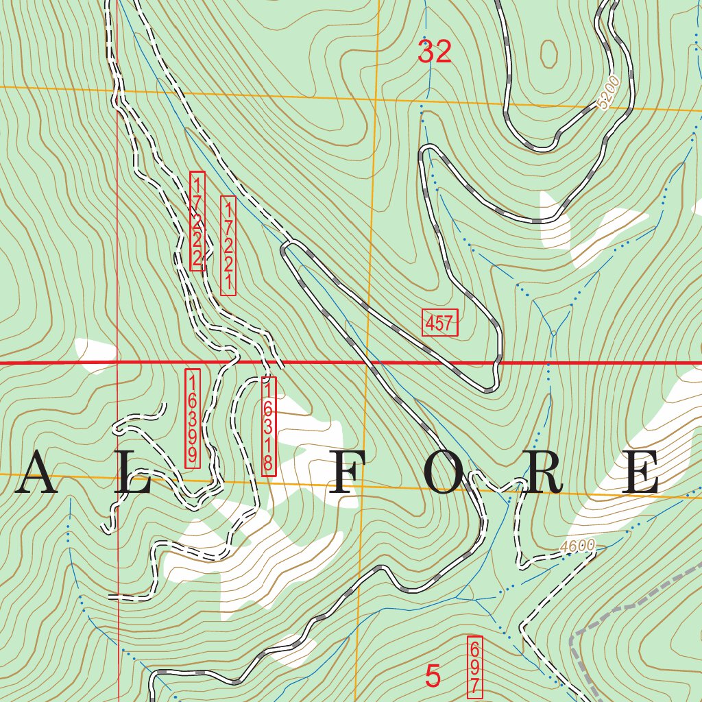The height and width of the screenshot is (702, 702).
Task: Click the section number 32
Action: point(435,52)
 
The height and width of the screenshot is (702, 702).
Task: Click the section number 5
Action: point(433,676)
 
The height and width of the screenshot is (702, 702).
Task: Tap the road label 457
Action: point(439,322)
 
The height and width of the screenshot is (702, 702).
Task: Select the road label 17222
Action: point(197,221)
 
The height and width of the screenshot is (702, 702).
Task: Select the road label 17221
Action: point(228,246)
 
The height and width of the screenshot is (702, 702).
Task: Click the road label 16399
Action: point(193,419)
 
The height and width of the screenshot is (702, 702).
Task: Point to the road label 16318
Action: point(269,426)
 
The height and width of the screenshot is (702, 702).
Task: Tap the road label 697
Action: point(474,667)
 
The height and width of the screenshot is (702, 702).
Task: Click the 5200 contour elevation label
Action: point(608,93)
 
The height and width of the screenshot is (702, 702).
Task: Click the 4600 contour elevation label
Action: point(577,547)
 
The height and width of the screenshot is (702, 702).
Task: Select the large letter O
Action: point(446,473)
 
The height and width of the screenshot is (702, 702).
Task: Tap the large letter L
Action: point(133,473)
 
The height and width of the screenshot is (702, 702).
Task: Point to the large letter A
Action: point(36,473)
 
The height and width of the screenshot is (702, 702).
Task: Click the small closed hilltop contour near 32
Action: point(548,53)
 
